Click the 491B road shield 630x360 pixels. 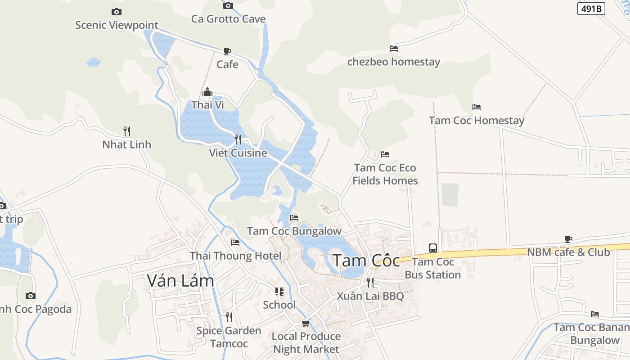pos(591,9)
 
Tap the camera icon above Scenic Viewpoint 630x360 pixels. pos(116,12)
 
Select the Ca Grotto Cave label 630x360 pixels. pos(228,19)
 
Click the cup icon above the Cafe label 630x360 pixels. pos(227,51)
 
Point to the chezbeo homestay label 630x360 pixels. pos(393,62)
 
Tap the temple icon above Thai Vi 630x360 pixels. pos(207,92)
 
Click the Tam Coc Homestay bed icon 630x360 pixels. pos(477,107)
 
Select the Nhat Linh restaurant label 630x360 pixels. pos(126,144)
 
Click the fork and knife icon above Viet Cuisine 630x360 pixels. pos(238,139)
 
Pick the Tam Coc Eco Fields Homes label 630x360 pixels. pos(385,174)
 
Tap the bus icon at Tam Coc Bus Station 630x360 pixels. pos(432,248)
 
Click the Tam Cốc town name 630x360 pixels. pos(366,261)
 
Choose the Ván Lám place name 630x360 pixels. pos(180,280)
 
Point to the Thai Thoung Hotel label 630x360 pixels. pos(235,256)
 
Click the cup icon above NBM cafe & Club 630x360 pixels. pos(568,239)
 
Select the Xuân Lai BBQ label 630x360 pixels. pos(370,296)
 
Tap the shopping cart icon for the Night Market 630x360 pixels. pos(306,323)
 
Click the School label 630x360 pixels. pos(279,305)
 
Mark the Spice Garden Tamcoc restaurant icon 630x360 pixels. pos(229,317)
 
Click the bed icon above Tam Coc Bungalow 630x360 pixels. pos(294,218)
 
